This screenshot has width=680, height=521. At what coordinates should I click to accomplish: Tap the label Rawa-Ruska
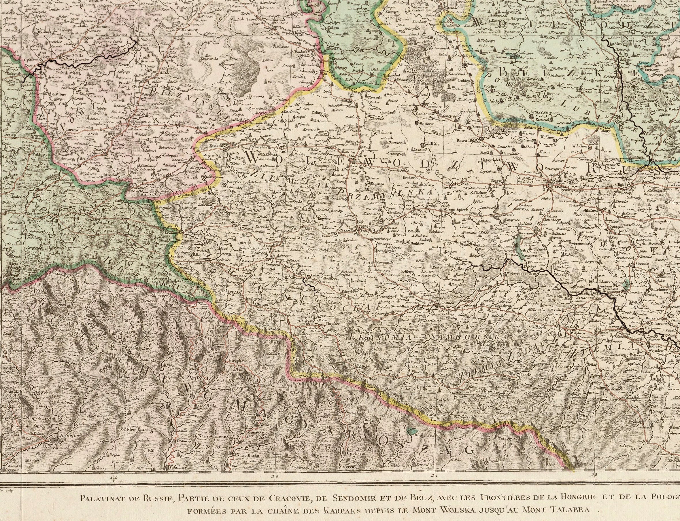[471, 140]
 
